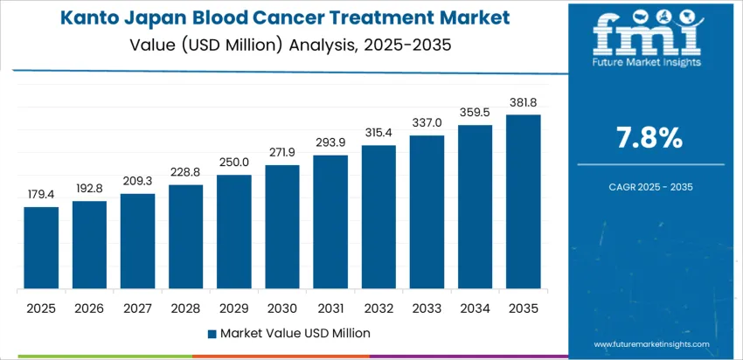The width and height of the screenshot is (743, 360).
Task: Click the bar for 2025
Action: coord(41,248)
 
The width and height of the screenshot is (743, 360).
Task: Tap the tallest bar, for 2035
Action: coord(523,202)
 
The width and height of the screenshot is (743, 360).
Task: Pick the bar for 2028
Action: coord(185,237)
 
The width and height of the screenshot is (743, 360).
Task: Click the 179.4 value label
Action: coord(41,193)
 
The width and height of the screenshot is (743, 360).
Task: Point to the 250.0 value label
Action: coord(234,162)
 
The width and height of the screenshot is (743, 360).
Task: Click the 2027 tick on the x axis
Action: coord(137,308)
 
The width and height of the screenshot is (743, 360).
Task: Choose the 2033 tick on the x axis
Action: coord(427,308)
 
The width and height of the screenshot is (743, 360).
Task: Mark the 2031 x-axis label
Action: coord(330,308)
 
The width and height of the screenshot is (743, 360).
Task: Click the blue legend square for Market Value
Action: coord(212,333)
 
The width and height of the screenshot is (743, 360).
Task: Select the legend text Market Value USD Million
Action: coord(295,333)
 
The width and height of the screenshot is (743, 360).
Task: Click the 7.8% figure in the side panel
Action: coord(650,137)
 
